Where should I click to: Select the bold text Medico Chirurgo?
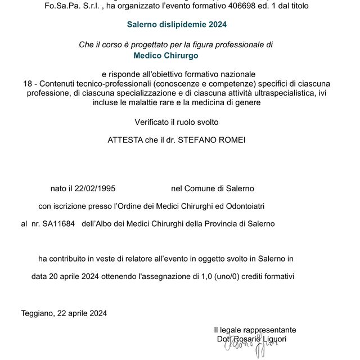pos(166,55)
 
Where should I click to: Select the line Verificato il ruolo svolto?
pos(176,121)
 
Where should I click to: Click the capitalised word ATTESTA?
pos(125,140)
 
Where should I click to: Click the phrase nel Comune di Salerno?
pos(213,188)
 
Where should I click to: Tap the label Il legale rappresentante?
pos(255,330)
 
